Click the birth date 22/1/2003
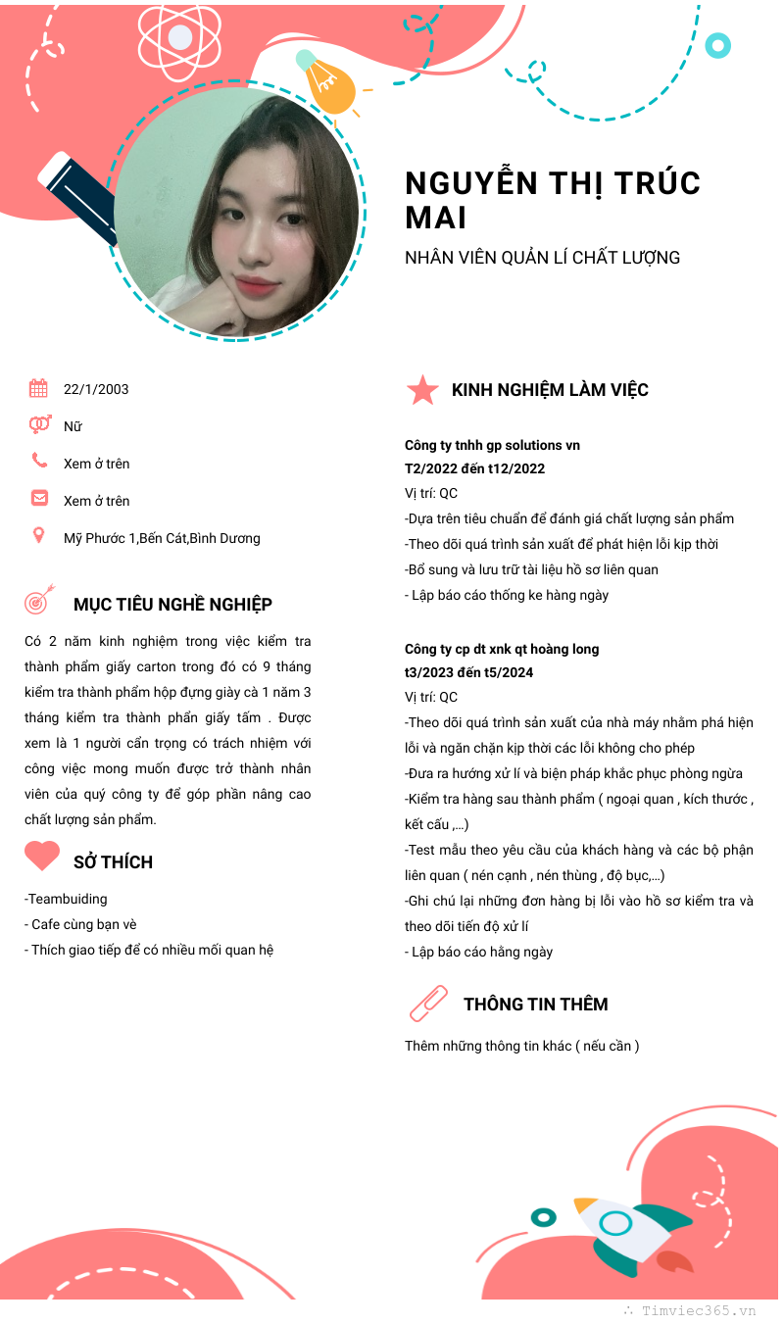pos(96,389)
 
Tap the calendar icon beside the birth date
pos(38,388)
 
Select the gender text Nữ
pos(73,426)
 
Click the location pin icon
pos(39,535)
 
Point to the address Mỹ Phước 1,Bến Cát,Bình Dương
pos(162,538)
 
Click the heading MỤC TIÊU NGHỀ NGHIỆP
pos(172,605)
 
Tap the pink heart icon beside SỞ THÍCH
pos(42,857)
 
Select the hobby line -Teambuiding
pos(66,899)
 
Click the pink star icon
pos(422,390)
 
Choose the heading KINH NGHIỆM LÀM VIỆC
pos(550,390)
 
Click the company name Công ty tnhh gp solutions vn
pos(492,445)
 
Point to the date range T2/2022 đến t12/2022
pos(474,468)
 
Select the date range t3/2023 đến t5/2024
pos(468,672)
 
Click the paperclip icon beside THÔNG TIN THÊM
pos(427,1004)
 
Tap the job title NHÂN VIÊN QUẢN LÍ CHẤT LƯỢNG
pos(542,258)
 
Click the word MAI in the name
pos(436,218)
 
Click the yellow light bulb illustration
pos(329,84)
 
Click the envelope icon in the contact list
pos(39,498)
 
